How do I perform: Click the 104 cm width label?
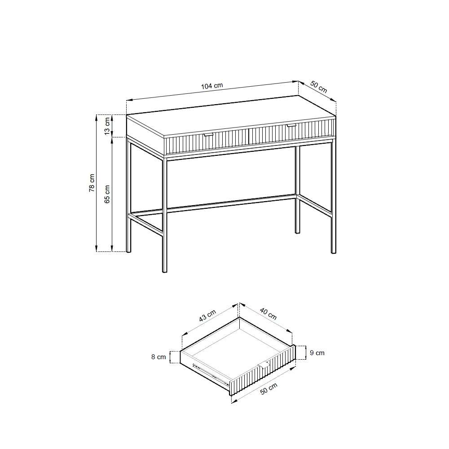click(x=212, y=86)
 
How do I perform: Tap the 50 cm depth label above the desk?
click(x=319, y=87)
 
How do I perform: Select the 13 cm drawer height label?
click(x=107, y=126)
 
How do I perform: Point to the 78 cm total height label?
click(x=92, y=183)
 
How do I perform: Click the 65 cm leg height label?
click(x=107, y=194)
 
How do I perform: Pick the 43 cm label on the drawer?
click(x=207, y=316)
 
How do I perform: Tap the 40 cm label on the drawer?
click(x=268, y=313)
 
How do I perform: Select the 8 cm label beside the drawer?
click(x=158, y=357)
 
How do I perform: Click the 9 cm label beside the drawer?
click(x=317, y=353)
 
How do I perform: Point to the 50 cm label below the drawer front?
click(x=269, y=388)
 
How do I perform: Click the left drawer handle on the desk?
click(x=208, y=134)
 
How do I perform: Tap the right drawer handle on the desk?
click(x=291, y=125)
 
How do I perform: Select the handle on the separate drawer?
click(x=264, y=365)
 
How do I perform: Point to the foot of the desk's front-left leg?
click(x=164, y=271)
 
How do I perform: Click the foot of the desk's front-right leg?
click(x=333, y=252)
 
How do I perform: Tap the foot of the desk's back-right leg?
click(x=298, y=232)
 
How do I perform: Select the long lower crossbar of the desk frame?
click(x=231, y=203)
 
